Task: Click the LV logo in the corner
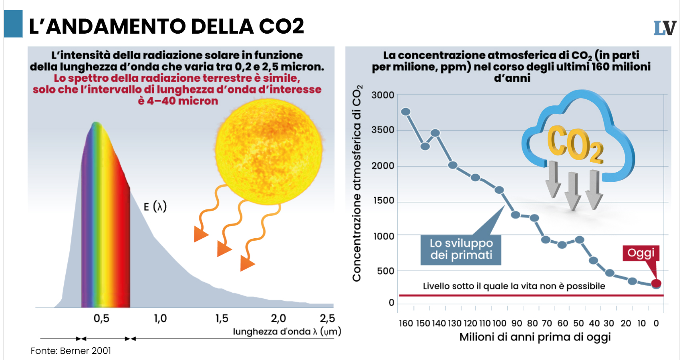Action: (665, 28)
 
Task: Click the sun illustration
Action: (269, 151)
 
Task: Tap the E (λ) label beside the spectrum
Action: (155, 206)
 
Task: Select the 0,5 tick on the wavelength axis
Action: (101, 318)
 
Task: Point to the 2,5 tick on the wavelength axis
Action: (327, 318)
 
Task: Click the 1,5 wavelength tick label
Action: (222, 318)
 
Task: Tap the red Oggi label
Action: (641, 253)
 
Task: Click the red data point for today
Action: (656, 284)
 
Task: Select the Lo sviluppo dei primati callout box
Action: (461, 249)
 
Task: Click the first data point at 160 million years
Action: (406, 112)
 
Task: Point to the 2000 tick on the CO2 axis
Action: (383, 166)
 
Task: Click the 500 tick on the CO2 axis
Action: (385, 271)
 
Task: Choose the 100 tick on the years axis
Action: (499, 323)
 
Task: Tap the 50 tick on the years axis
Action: (578, 323)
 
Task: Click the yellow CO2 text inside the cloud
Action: (575, 144)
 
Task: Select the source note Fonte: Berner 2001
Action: (71, 351)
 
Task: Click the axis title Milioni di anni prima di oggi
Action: (535, 337)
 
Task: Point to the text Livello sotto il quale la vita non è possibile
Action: (514, 286)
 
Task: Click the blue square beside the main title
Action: (13, 24)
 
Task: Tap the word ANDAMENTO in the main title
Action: (117, 26)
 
